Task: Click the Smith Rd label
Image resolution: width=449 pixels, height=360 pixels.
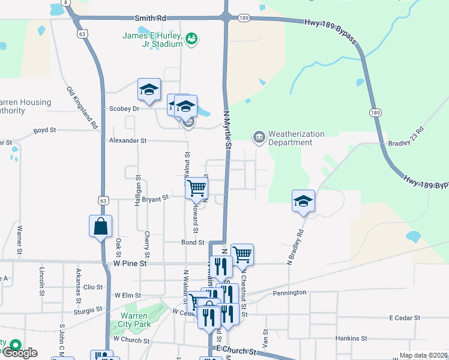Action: [150, 20]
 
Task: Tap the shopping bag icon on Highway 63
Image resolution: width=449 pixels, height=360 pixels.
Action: [100, 227]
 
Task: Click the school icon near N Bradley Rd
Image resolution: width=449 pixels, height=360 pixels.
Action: [303, 202]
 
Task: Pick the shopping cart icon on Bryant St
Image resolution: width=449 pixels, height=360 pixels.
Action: [196, 188]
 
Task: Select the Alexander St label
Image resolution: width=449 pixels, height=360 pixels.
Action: [127, 140]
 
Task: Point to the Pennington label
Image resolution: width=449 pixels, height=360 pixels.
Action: [289, 293]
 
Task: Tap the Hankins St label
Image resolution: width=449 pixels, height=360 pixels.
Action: [351, 338]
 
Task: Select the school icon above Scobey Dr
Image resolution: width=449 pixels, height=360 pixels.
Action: [149, 90]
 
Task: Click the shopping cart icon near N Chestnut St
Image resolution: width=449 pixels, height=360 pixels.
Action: [242, 254]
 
